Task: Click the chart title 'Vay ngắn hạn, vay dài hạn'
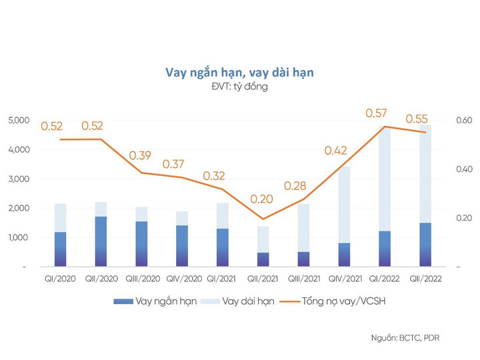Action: tap(239, 72)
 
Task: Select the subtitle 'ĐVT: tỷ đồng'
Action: tap(239, 87)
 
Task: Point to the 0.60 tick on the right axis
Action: tap(463, 120)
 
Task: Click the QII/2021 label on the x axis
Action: tap(263, 280)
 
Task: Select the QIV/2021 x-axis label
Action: tap(344, 280)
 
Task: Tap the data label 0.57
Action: tap(377, 113)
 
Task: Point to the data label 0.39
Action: tap(141, 155)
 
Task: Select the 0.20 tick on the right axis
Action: tap(463, 218)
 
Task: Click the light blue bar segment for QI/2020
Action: tap(60, 217)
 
